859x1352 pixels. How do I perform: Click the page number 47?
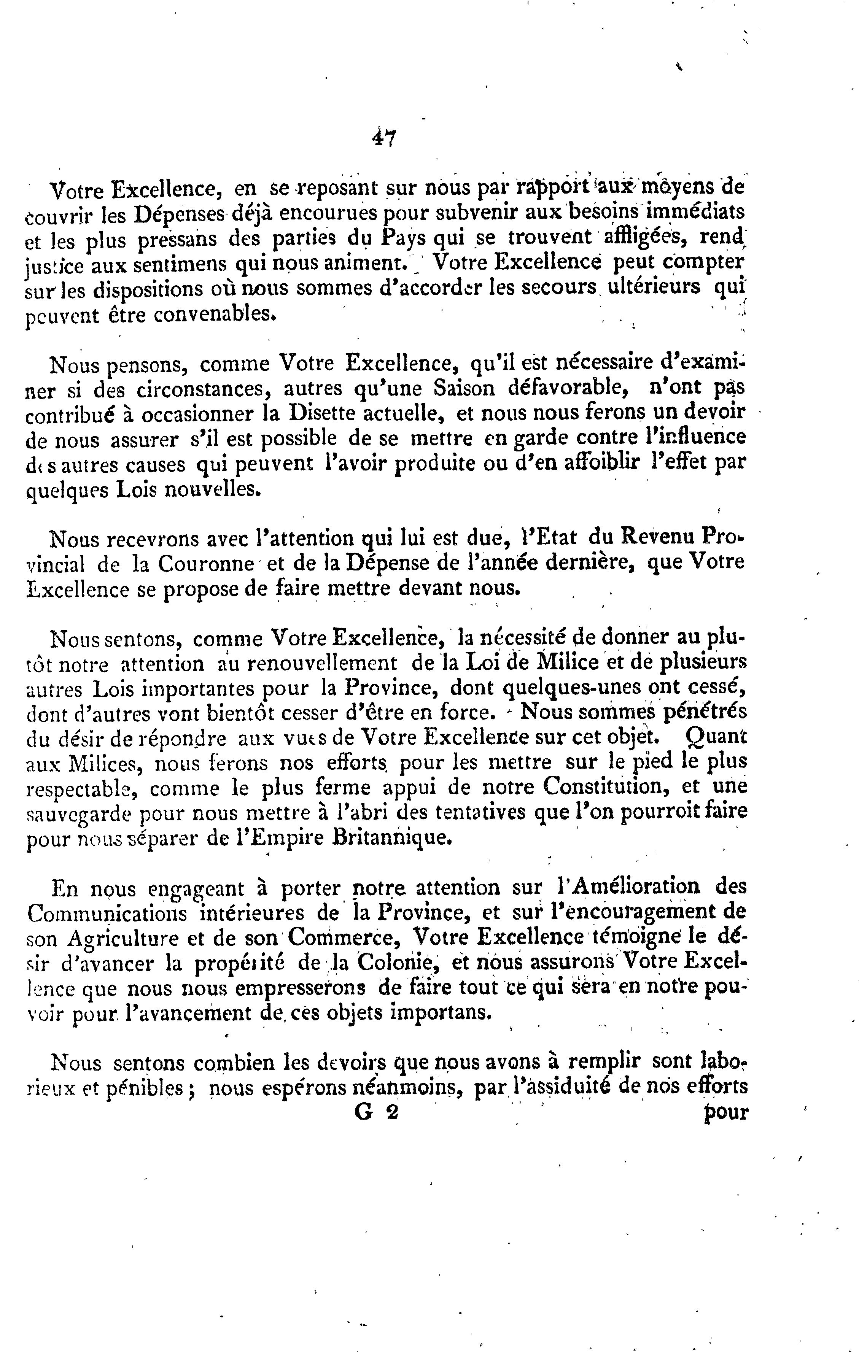[x=384, y=138]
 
